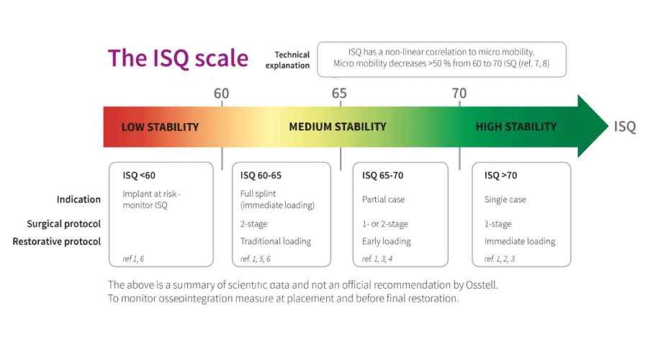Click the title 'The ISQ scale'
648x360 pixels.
[x=178, y=58]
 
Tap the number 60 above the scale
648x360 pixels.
[x=222, y=94]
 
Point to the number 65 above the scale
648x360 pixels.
[x=339, y=94]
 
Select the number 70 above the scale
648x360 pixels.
[x=459, y=94]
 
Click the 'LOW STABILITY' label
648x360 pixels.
[x=160, y=127]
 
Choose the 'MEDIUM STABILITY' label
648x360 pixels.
[x=338, y=127]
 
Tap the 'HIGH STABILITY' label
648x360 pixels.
[x=516, y=127]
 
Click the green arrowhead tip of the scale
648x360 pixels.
[x=608, y=126]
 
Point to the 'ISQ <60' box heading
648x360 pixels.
[x=139, y=175]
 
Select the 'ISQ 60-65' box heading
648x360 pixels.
[x=261, y=175]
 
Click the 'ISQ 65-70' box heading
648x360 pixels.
[x=383, y=175]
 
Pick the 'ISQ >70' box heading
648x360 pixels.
[x=501, y=175]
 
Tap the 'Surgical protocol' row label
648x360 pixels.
[x=63, y=224]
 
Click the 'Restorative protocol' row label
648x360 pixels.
[x=57, y=241]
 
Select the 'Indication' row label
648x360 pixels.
[x=78, y=199]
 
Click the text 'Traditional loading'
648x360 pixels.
[x=276, y=241]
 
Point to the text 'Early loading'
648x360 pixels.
[x=387, y=241]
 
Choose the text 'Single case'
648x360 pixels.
[x=505, y=199]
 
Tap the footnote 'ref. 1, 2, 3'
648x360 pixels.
[x=500, y=258]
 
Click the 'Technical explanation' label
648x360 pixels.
[x=288, y=60]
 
